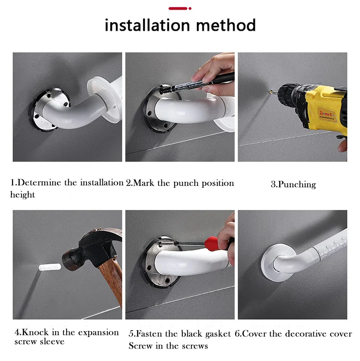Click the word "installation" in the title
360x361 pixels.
pyautogui.click(x=147, y=25)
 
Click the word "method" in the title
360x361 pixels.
pyautogui.click(x=226, y=25)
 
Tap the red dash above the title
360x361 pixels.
pyautogui.click(x=178, y=9)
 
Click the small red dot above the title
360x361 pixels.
pyautogui.click(x=190, y=9)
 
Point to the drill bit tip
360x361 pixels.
pyautogui.click(x=271, y=92)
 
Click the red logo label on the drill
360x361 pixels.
pyautogui.click(x=327, y=114)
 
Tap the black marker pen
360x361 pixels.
pyautogui.click(x=198, y=84)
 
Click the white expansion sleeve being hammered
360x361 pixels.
pyautogui.click(x=50, y=267)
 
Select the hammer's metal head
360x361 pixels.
pyautogui.click(x=92, y=249)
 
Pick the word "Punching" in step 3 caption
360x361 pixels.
pyautogui.click(x=297, y=185)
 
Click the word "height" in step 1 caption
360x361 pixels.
pyautogui.click(x=23, y=194)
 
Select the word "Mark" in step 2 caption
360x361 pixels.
pyautogui.click(x=144, y=183)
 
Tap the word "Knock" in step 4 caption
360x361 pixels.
pyautogui.click(x=35, y=332)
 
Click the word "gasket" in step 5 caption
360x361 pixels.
pyautogui.click(x=218, y=334)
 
